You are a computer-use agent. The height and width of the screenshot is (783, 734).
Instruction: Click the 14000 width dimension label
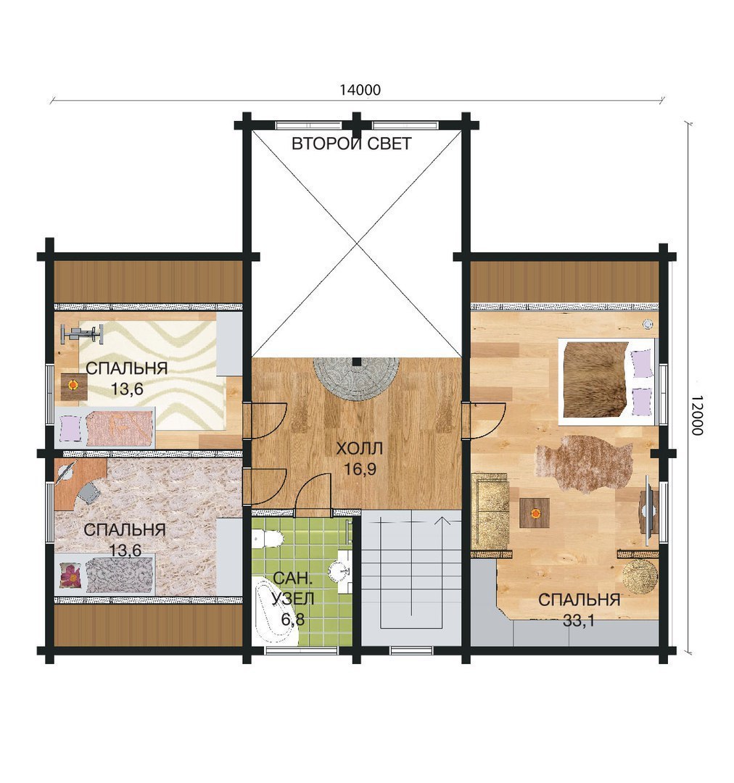pos(360,90)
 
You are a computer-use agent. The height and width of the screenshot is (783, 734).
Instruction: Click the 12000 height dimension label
pos(698,415)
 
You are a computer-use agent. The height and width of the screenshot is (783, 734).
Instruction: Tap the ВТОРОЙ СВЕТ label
pos(351,144)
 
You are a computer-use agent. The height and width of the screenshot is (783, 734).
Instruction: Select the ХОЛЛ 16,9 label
pos(360,458)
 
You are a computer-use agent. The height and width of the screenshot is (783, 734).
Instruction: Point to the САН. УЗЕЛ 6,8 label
pos(293,599)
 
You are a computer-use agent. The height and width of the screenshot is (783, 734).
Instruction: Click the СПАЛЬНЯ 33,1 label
pos(579,610)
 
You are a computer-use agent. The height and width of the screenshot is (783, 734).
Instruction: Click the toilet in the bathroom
pos(268,539)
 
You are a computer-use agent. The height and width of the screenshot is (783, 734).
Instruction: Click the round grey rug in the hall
pos(356,378)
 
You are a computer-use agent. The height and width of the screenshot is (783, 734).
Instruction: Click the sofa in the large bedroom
pos(490,511)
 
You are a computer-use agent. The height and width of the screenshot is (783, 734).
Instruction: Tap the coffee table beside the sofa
pos(535,513)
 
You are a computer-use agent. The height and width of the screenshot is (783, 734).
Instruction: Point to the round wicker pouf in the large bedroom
pos(640,577)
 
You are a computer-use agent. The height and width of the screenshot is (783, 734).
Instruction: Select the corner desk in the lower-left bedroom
pos(75,484)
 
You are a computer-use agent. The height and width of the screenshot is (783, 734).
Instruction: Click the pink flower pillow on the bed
pos(71,575)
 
